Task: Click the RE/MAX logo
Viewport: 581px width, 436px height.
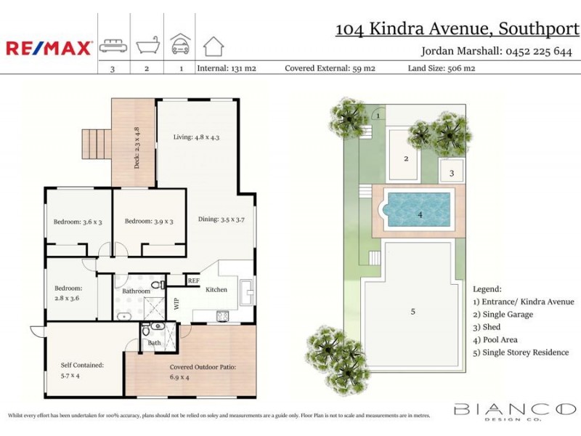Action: click(x=49, y=48)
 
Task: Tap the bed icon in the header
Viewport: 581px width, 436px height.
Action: click(x=113, y=46)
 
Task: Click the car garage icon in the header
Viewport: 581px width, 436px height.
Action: click(x=179, y=45)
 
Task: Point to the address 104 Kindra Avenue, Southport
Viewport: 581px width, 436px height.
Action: click(x=457, y=29)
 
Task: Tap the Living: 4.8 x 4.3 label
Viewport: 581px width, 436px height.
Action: click(x=196, y=137)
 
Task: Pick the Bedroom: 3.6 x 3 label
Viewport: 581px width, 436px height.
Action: click(x=78, y=222)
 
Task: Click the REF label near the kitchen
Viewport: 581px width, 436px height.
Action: click(x=193, y=280)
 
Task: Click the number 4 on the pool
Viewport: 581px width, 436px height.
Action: click(x=420, y=214)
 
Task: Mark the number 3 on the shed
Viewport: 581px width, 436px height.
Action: click(x=451, y=173)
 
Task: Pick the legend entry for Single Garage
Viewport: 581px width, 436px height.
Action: click(x=503, y=314)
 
